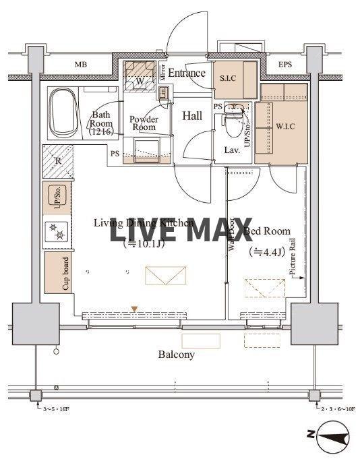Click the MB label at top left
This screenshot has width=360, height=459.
point(81,65)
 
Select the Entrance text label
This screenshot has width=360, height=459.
point(186,73)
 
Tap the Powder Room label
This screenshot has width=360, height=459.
point(144,123)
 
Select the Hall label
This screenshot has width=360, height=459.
point(192,116)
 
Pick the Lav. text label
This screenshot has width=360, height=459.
point(232,150)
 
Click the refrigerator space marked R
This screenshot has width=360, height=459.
point(57,162)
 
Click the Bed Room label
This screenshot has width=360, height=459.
point(268,231)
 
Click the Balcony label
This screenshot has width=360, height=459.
point(176,355)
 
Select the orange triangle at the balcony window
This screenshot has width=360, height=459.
point(135,309)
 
